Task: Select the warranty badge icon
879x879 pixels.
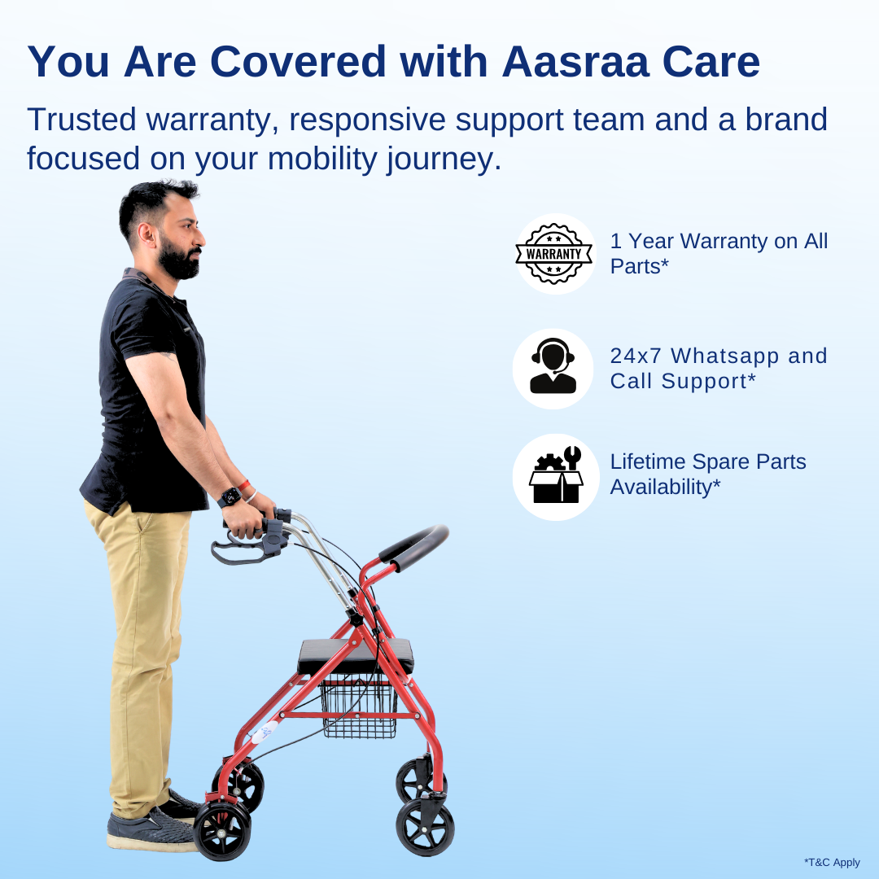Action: coord(553,254)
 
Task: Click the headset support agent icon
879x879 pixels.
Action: coord(553,368)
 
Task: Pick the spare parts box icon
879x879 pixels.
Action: coord(553,477)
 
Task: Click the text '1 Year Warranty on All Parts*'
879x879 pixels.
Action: coord(719,253)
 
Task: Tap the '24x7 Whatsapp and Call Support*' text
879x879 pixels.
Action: coord(719,368)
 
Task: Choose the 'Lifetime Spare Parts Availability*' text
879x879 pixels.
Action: coord(708,474)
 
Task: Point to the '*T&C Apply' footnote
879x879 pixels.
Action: coord(832,862)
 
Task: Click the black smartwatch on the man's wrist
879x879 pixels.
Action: coord(229,496)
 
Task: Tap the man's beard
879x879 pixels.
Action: coord(181,260)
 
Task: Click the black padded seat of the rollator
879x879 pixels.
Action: coord(355,653)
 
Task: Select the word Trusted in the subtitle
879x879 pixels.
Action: coord(81,120)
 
